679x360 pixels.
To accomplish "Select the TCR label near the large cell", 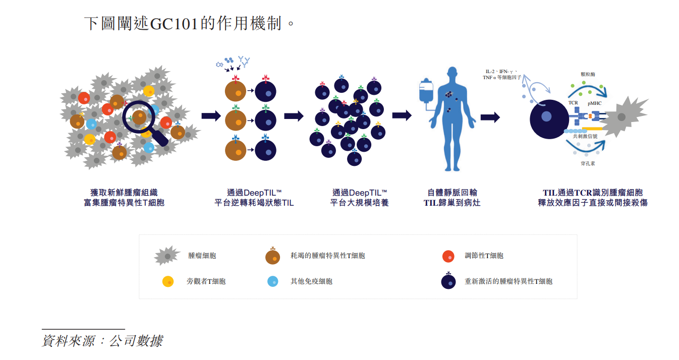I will coord(573,103).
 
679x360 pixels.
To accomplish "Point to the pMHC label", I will coord(594,103).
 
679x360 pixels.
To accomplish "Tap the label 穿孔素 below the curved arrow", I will coord(588,163).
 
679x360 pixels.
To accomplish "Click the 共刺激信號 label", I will coord(585,136).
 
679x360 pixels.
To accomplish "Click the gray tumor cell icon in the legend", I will coord(167,256).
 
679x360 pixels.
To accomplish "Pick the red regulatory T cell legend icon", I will coord(448,256).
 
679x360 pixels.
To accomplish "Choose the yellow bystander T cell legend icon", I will coord(168,281).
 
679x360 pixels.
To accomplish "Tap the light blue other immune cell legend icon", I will coord(272,281).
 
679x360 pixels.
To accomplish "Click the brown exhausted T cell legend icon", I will coord(272,257).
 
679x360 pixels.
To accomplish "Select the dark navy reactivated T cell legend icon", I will coord(448,281).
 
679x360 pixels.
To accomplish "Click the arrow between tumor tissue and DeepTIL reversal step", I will coord(211,116).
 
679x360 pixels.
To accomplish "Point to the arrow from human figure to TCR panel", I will coord(490,117).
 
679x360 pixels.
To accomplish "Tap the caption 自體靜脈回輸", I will coord(452,193).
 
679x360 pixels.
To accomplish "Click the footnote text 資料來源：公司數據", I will coord(102,341).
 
